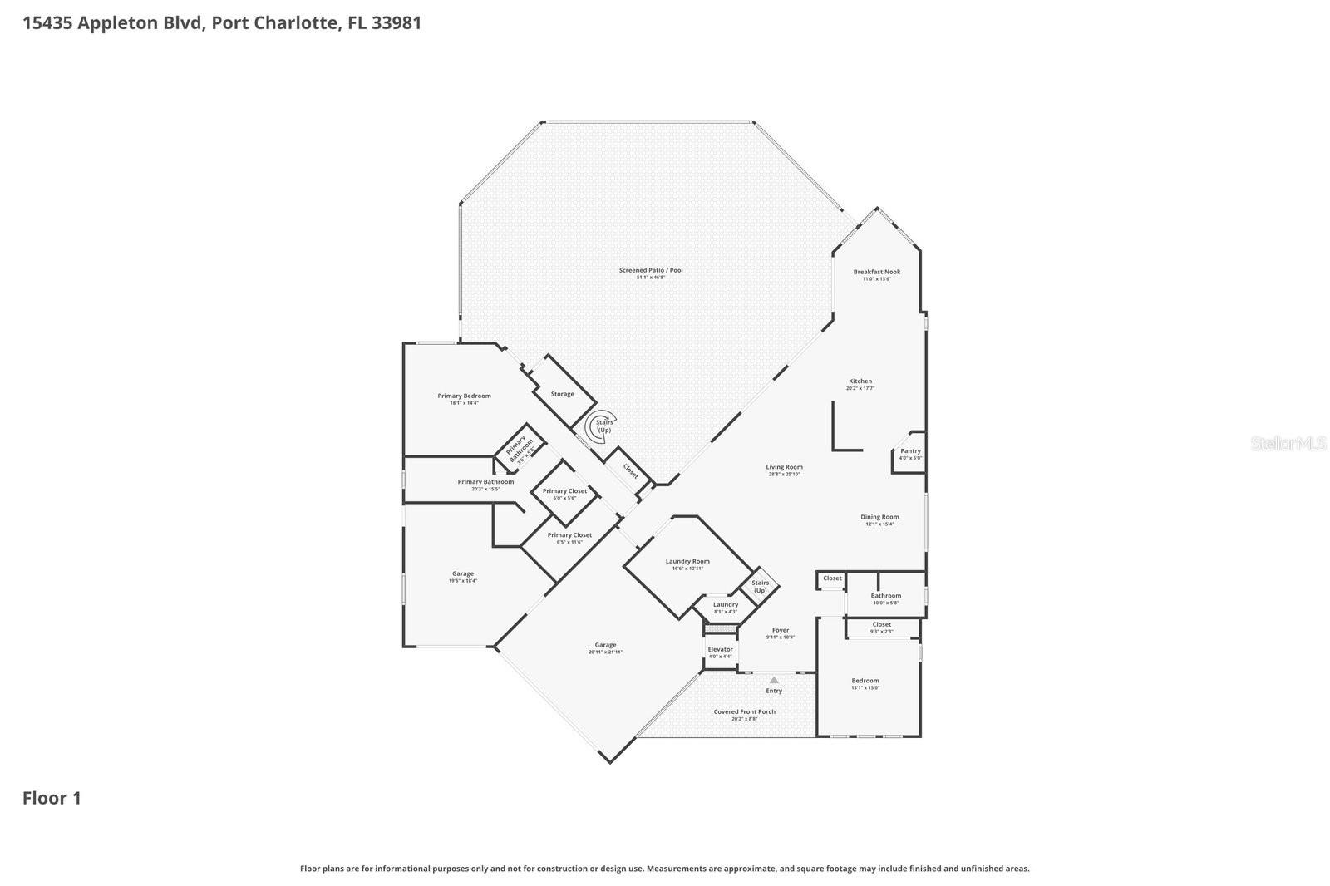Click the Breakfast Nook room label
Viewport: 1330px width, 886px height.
click(876, 273)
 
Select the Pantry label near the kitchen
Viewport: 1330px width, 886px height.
click(910, 451)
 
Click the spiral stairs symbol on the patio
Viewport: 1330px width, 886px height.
click(598, 427)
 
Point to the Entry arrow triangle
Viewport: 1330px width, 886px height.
click(774, 680)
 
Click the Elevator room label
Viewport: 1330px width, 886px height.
click(720, 650)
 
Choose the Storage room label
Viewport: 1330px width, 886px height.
click(562, 394)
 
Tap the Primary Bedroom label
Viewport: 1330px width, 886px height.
click(464, 396)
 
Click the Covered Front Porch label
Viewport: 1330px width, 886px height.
click(744, 712)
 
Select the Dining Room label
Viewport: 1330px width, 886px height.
click(879, 518)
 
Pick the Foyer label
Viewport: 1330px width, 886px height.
click(780, 631)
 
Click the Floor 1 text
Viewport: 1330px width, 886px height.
click(52, 799)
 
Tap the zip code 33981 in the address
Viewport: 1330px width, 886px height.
click(397, 22)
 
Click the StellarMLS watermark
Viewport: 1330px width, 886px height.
click(1288, 444)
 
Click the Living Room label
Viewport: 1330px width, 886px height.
click(784, 468)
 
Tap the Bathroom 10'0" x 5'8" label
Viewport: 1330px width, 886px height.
click(885, 597)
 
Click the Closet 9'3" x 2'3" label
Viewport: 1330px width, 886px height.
click(881, 625)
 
